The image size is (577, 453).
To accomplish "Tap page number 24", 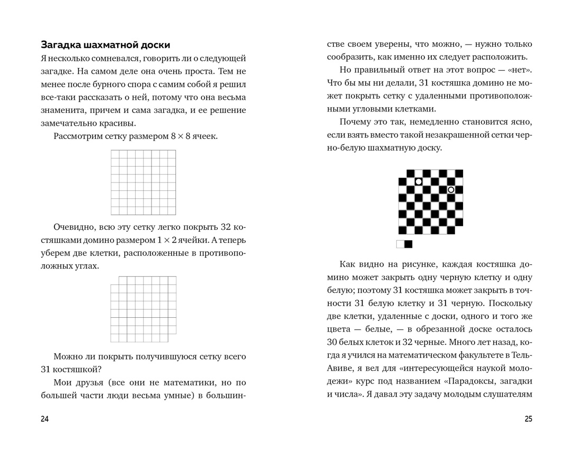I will (x=45, y=419).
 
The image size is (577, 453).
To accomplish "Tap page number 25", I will (x=528, y=419).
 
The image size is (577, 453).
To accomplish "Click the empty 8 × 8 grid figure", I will (x=143, y=182).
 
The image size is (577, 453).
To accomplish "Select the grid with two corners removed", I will (x=143, y=309).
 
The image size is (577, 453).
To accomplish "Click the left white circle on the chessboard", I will (x=419, y=181).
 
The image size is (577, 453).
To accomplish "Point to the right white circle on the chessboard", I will (x=451, y=189).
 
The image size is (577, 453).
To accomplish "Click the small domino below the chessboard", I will (x=404, y=244).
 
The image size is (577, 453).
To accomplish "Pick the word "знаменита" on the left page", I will (x=63, y=110).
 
